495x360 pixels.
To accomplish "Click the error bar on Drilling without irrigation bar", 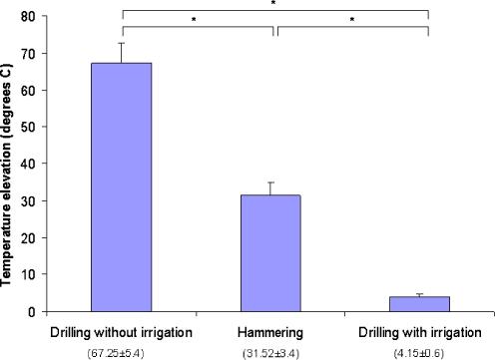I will [122, 53].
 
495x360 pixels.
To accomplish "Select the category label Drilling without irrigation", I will [123, 330].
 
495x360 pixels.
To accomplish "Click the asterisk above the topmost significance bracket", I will [274, 4].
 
